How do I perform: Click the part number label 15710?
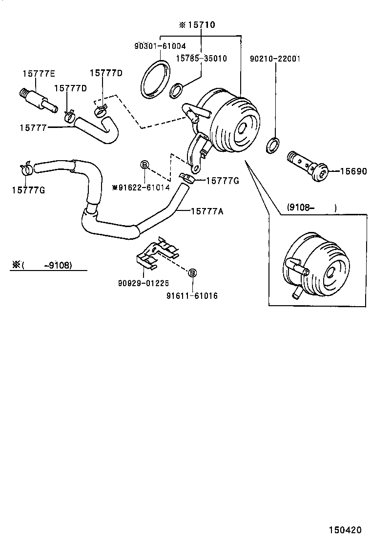pos(202,25)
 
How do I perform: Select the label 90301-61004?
pos(160,46)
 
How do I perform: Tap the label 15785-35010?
pos(201,58)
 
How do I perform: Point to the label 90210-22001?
pos(275,59)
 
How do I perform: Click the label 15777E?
pos(39,73)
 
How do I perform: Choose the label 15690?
pos(353,171)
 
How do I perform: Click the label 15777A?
pos(207,211)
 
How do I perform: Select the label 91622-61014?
pos(144,188)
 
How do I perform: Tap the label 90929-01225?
pos(144,283)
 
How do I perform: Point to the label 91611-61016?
pos(192,296)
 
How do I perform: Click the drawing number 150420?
pos(345,529)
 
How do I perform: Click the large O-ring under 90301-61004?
pos(156,79)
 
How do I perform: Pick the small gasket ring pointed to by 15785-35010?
pos(177,90)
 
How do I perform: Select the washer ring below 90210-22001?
pos(273,145)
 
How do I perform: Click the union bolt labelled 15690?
pos(308,166)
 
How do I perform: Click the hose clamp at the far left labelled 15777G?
pos(26,168)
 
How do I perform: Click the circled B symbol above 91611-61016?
pos(192,273)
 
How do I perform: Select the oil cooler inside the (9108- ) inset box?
pos(314,265)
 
